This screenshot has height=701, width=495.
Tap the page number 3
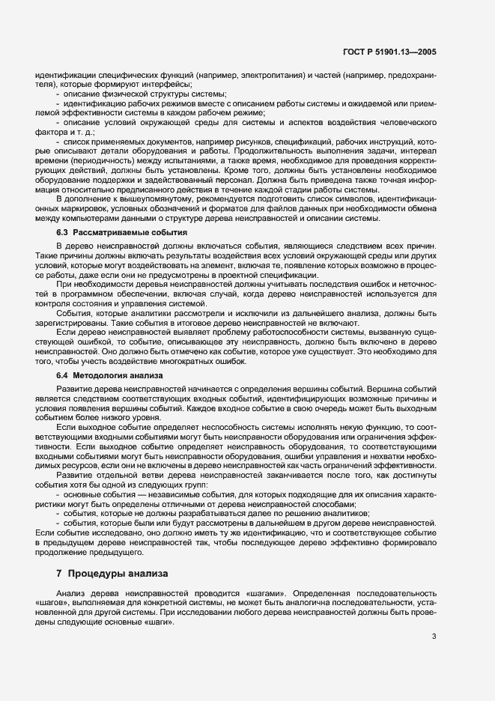coord(435,637)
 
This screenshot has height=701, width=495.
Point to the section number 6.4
coord(63,375)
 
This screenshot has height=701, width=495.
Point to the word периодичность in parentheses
coord(94,160)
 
